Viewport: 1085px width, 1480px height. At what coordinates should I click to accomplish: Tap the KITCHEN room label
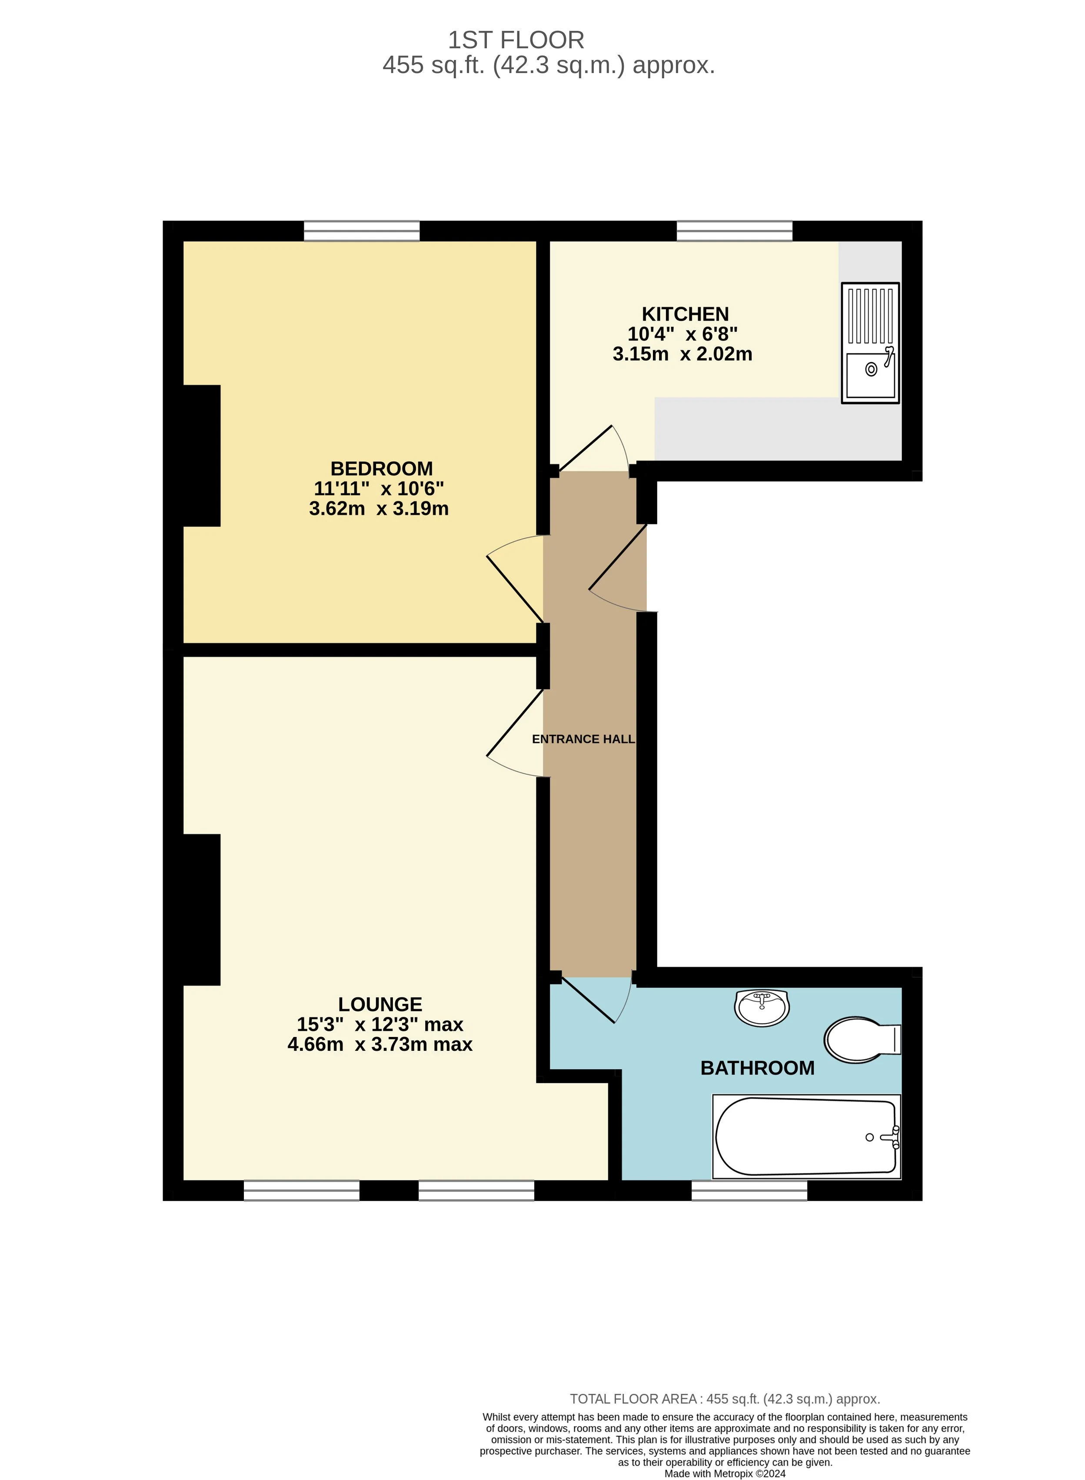(685, 314)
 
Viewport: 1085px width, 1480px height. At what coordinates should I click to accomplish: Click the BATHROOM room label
(757, 1067)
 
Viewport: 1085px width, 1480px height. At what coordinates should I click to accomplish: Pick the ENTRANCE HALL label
(583, 739)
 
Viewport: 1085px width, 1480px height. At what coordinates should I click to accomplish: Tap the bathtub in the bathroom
(806, 1137)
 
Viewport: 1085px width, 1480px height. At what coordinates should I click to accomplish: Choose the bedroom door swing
(516, 578)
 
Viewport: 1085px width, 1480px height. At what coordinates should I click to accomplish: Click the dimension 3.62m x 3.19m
(379, 508)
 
